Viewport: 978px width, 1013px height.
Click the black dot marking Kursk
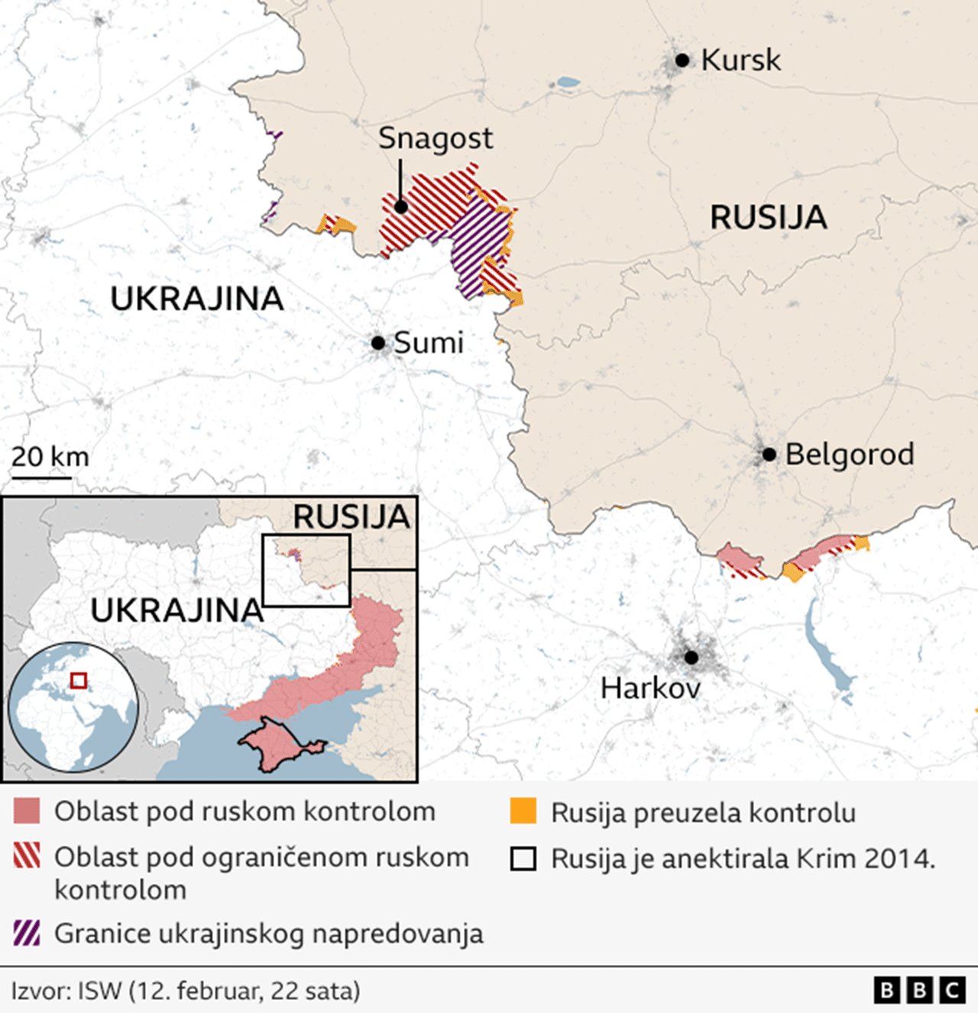682,60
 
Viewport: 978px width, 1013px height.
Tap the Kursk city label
740,60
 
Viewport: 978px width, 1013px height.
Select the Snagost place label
436,138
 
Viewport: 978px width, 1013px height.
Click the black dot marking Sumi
378,343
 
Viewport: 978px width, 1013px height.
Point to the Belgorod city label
850,455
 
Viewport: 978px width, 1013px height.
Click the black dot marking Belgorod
769,455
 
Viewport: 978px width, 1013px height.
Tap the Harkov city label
650,688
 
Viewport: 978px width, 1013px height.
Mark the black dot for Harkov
691,658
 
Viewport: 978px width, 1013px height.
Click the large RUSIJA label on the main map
768,218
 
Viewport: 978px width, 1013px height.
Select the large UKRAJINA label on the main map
197,299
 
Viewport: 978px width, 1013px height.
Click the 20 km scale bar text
50,457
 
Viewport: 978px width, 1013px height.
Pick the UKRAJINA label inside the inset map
177,610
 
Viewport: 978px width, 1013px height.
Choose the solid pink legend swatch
27,811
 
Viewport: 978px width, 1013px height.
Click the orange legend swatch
523,811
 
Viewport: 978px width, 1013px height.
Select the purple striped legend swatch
27,934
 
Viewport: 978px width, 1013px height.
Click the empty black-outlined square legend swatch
523,859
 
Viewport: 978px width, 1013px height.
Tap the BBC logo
919,991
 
